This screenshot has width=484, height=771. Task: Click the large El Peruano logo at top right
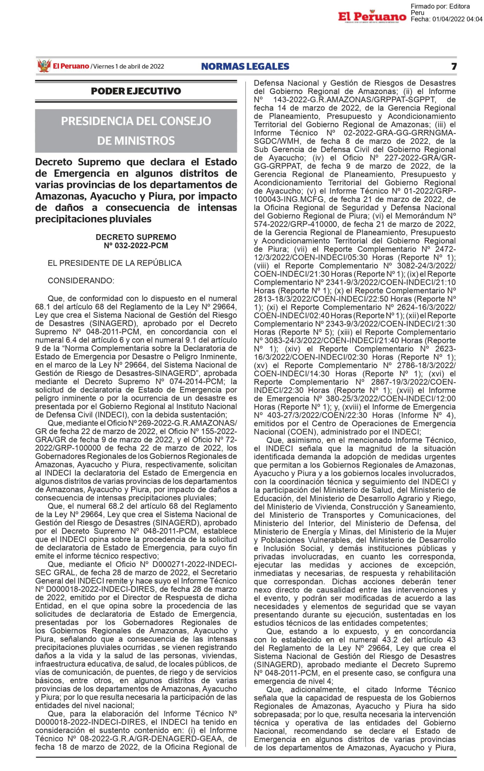372,17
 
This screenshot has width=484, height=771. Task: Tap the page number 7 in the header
454,67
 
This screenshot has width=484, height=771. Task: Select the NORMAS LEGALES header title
245,67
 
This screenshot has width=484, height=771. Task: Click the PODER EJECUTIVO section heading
136,91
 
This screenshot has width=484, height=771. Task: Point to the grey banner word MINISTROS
136,141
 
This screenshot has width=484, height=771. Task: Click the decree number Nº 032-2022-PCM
136,246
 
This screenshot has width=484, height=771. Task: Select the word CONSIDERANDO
81,281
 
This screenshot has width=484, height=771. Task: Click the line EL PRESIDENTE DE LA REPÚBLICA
115,263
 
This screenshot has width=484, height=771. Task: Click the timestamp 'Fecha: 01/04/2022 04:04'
446,20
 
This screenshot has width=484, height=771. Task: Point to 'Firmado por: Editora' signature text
440,6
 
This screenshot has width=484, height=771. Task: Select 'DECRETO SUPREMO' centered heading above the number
136,237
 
